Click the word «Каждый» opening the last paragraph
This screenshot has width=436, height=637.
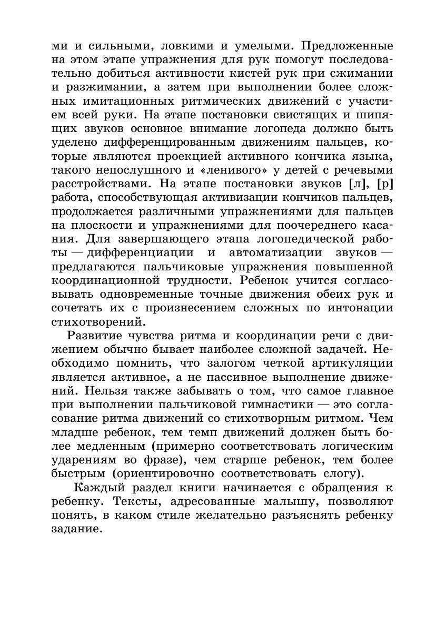point(102,488)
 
